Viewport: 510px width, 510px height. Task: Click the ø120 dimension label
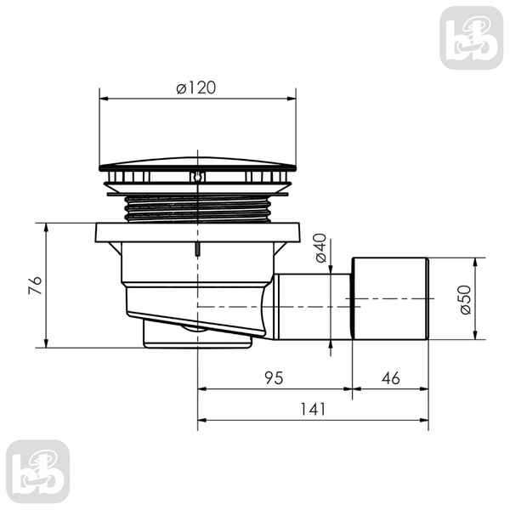tap(196, 88)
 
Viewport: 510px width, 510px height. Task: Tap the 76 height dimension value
tap(36, 286)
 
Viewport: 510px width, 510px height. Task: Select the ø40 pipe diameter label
tap(321, 248)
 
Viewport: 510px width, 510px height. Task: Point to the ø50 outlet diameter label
tap(466, 299)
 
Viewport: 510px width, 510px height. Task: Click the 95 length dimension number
tap(274, 378)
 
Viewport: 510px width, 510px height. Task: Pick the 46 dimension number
tap(391, 378)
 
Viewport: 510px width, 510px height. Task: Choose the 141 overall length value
tap(313, 409)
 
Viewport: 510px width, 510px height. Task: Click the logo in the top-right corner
tap(472, 37)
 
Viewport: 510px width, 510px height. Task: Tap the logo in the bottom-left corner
tap(37, 472)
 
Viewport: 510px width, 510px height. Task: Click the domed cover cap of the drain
tap(197, 164)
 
